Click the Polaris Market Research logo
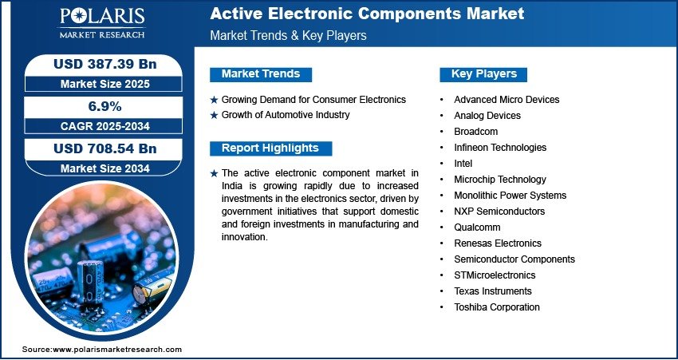(102, 22)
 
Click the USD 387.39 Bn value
(105, 64)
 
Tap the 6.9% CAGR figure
(104, 106)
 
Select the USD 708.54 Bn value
(105, 148)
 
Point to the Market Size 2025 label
(105, 84)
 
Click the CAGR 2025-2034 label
(105, 126)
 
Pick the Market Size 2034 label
(105, 168)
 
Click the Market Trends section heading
(261, 74)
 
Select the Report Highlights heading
(270, 148)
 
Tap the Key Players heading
(484, 74)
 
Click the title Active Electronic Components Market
(367, 14)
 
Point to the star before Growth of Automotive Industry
(214, 116)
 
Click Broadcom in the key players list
(475, 132)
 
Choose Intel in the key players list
(463, 164)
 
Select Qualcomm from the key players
(477, 227)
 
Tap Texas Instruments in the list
(492, 291)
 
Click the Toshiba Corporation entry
(497, 307)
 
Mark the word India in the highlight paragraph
(232, 186)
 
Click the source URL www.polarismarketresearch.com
(117, 350)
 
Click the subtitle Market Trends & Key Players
(289, 35)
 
